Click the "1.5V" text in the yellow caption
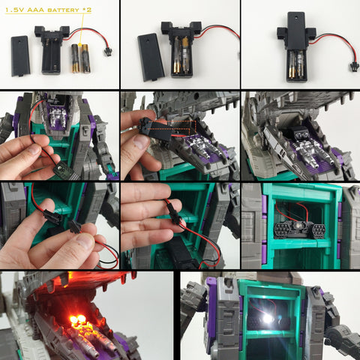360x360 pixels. click(13, 10)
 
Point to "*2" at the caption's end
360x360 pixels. click(87, 10)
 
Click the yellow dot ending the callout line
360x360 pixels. click(79, 45)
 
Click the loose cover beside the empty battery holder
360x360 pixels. click(21, 55)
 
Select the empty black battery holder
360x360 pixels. click(52, 49)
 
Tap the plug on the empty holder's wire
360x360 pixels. click(108, 52)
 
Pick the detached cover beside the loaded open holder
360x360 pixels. click(151, 57)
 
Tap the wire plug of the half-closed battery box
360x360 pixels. click(352, 67)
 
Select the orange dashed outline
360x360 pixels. click(171, 125)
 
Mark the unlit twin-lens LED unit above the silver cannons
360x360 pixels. click(299, 136)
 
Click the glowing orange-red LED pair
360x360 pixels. click(78, 319)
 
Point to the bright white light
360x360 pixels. click(267, 318)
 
